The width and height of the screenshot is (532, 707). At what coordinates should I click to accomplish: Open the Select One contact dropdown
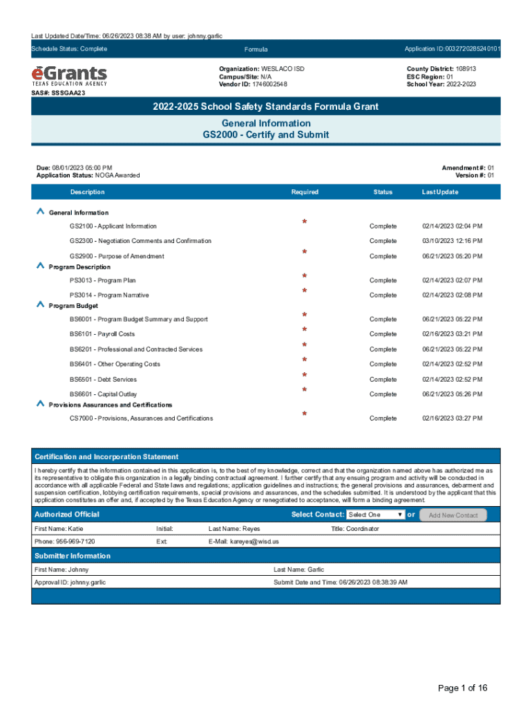click(376, 515)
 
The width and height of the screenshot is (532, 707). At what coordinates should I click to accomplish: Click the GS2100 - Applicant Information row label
click(113, 226)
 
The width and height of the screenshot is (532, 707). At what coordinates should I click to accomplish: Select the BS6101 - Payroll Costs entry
click(102, 334)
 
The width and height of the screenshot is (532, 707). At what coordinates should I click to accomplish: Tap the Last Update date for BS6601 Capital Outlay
click(452, 394)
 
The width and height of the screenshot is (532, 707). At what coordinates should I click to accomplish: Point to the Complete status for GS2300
click(383, 241)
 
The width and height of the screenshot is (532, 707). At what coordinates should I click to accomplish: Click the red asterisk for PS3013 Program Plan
click(304, 276)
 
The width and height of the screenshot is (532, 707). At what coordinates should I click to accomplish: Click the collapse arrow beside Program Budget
click(41, 305)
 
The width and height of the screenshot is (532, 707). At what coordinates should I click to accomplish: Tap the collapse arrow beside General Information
click(41, 212)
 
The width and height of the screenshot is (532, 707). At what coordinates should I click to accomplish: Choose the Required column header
click(305, 192)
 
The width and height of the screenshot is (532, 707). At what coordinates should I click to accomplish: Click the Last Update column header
click(440, 192)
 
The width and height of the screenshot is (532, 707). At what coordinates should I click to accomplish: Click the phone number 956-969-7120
click(65, 542)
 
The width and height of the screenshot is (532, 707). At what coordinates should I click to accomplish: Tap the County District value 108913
click(462, 70)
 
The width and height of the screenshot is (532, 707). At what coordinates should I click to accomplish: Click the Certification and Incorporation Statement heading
click(106, 457)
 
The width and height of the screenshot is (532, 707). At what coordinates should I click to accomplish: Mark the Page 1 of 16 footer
click(463, 688)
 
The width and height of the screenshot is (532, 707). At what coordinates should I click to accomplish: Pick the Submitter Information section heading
click(73, 556)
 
